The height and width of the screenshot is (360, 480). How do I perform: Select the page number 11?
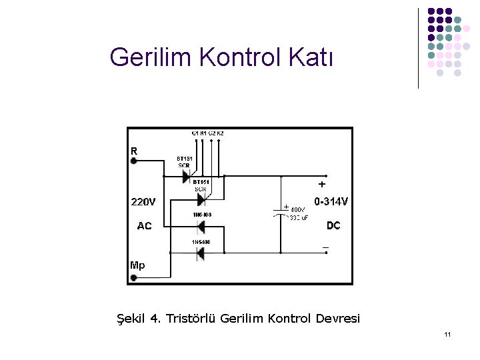tap(447, 333)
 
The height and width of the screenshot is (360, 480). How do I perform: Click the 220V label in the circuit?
tap(143, 201)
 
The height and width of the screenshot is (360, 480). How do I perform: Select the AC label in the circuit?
tap(144, 226)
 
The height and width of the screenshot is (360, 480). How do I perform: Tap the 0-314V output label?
tap(331, 201)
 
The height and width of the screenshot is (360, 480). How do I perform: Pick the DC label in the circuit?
tap(333, 226)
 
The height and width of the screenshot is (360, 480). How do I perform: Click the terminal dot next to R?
tap(133, 160)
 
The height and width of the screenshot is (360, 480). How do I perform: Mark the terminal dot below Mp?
tap(133, 277)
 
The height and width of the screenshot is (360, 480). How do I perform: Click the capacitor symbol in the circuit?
tap(281, 212)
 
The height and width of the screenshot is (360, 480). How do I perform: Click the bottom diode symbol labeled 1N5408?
tap(199, 253)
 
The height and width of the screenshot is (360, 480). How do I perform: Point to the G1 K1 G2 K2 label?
tap(207, 133)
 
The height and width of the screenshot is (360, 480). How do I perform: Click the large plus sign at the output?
tap(322, 183)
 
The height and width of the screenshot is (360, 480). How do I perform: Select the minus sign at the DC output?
tap(325, 247)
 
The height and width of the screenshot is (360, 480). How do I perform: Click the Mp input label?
tap(137, 265)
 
